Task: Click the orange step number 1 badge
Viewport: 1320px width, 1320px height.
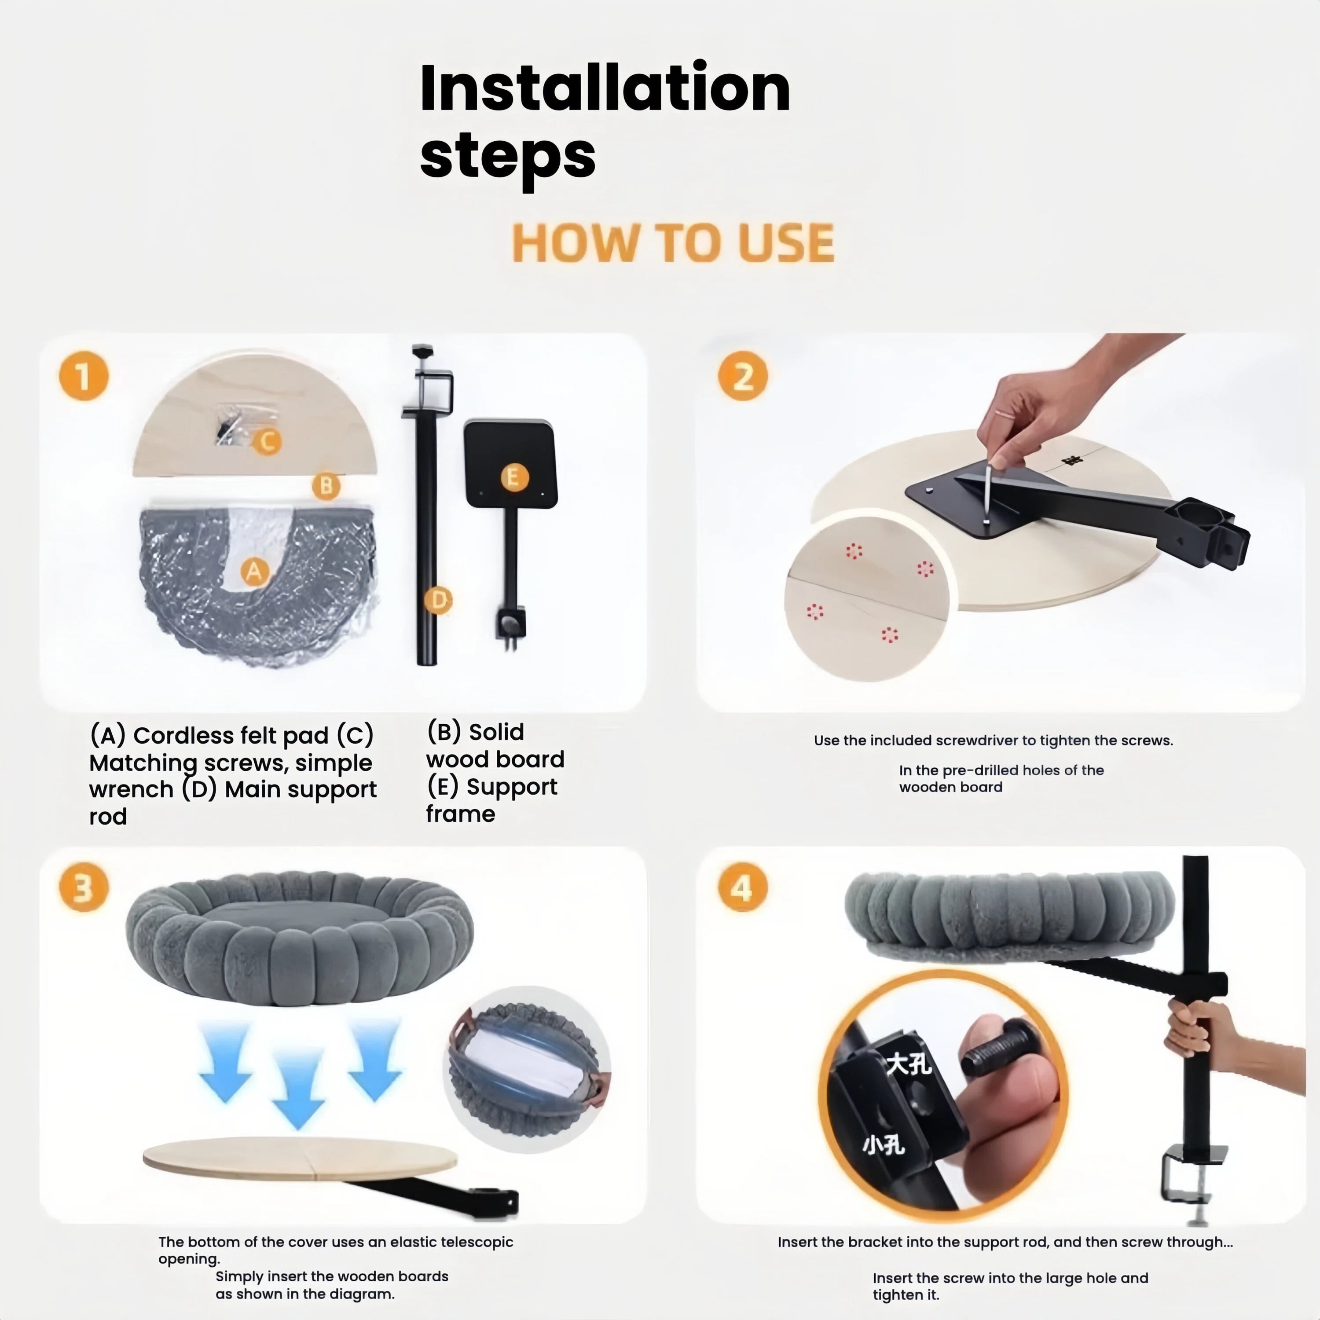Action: [x=83, y=377]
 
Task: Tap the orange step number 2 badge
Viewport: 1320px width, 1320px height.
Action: [x=743, y=377]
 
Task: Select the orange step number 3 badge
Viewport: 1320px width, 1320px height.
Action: [x=83, y=888]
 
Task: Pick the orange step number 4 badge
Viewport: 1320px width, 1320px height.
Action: [x=743, y=888]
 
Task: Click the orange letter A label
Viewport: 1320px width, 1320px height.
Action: [x=254, y=571]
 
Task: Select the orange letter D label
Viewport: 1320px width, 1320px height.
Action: [x=438, y=601]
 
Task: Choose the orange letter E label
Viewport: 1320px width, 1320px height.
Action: [x=514, y=477]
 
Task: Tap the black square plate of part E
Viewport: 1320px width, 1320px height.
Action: [x=510, y=464]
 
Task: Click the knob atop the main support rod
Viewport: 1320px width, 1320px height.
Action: [x=423, y=351]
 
